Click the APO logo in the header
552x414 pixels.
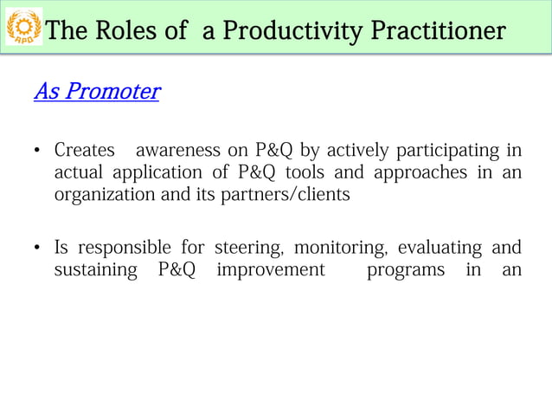click(x=23, y=29)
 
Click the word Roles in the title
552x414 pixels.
click(x=124, y=31)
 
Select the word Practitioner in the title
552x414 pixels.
click(x=438, y=31)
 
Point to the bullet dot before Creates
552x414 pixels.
click(x=38, y=152)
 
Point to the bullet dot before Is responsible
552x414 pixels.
click(x=38, y=250)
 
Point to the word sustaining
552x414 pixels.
click(x=95, y=271)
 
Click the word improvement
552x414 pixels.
click(x=270, y=271)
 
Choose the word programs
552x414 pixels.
click(x=406, y=271)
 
